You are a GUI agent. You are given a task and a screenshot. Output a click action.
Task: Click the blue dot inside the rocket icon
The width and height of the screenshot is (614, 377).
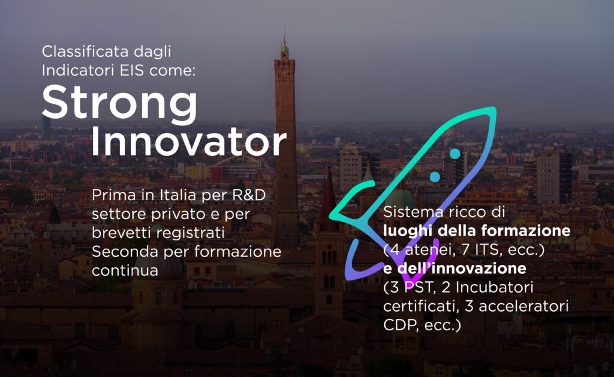pos(455,154)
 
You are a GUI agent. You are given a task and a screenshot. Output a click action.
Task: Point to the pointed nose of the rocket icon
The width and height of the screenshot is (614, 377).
pos(493,110)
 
